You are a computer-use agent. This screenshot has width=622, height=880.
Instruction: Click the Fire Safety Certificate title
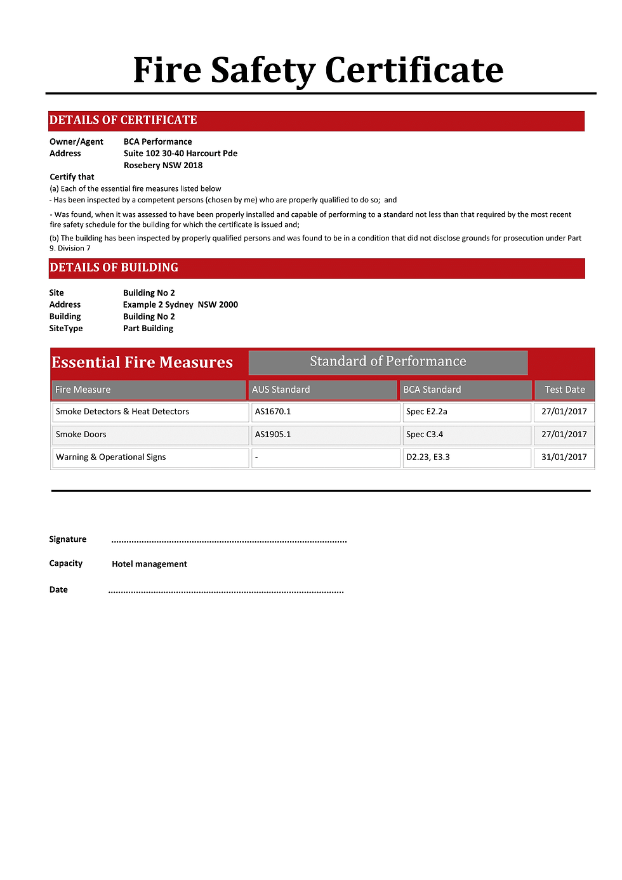[318, 70]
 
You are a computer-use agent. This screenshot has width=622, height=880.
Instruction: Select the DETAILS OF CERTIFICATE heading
[123, 121]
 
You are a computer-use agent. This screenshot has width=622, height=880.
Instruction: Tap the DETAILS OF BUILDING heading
[114, 268]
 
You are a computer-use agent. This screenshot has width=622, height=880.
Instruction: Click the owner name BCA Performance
[157, 141]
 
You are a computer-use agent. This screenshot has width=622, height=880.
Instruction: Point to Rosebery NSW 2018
[163, 165]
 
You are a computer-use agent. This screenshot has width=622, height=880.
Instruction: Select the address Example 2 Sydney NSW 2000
[180, 305]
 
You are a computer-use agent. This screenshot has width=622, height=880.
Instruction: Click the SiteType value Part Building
[148, 328]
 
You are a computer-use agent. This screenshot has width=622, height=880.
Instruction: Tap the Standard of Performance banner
[388, 362]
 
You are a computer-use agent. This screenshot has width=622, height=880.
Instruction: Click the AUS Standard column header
[281, 390]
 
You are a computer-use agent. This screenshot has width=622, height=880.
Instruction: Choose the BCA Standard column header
[432, 390]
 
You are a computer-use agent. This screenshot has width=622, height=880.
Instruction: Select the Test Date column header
[564, 390]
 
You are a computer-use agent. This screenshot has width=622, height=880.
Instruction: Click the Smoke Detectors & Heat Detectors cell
[122, 412]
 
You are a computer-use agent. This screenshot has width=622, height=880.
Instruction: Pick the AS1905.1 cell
[273, 435]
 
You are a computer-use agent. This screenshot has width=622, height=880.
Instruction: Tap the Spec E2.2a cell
[427, 412]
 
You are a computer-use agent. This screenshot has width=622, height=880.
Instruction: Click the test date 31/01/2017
[564, 457]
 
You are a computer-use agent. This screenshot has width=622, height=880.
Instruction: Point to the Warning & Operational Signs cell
[111, 457]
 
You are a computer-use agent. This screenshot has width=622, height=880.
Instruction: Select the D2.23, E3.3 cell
[428, 457]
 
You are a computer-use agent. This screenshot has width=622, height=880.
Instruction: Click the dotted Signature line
[228, 541]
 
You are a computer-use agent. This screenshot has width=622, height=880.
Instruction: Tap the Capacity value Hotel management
[149, 564]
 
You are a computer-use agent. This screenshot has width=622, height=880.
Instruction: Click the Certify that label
[72, 177]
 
